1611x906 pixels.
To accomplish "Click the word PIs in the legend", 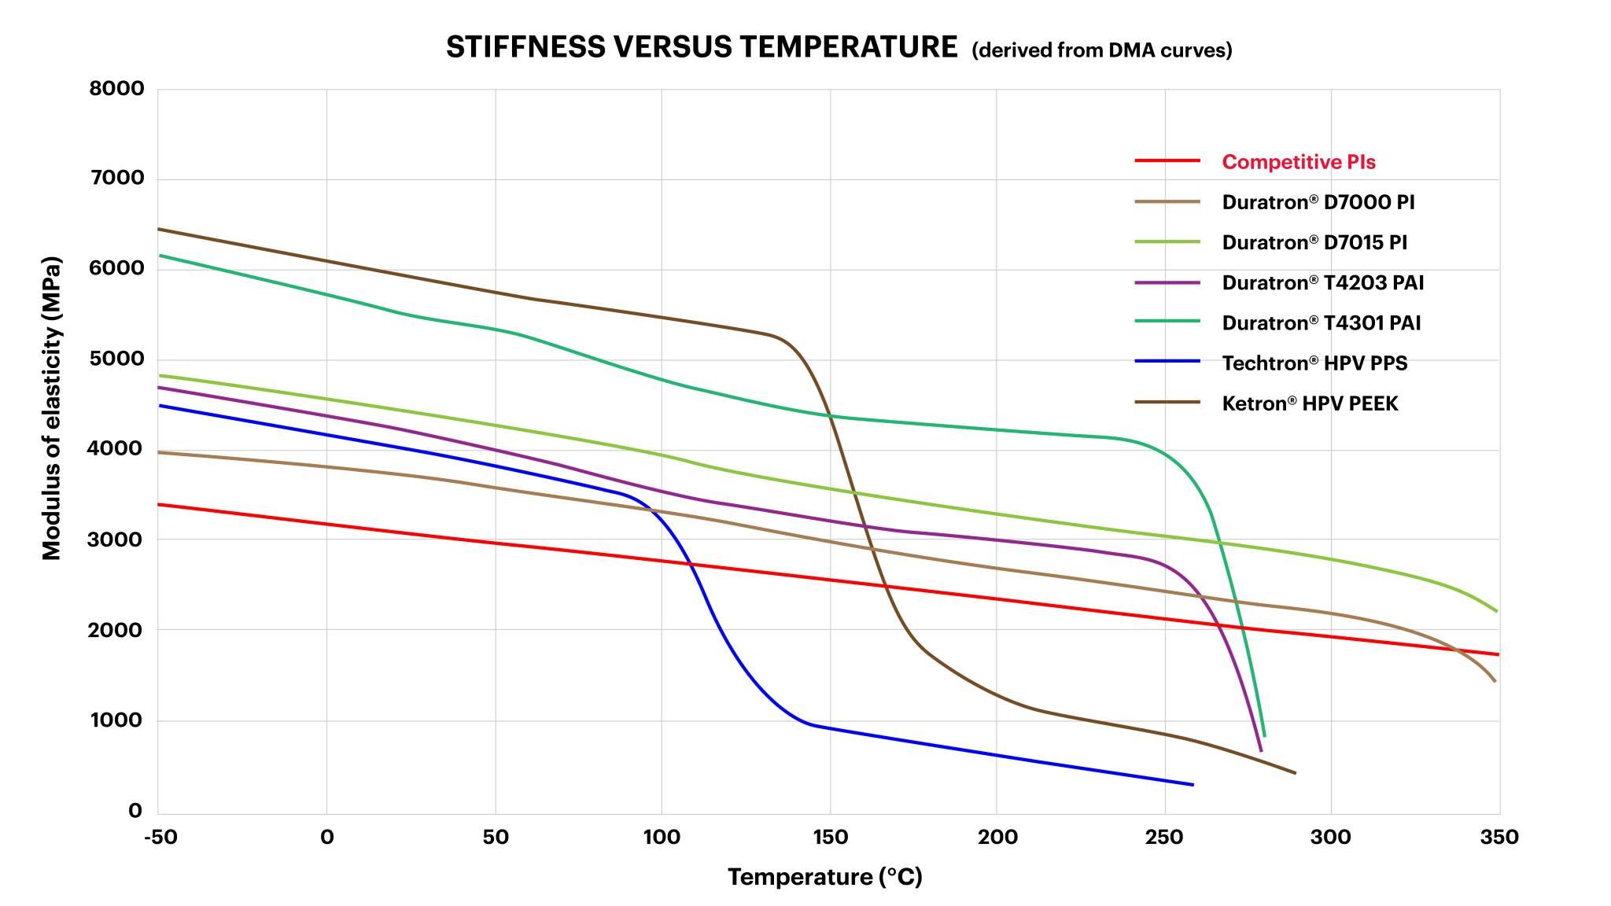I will tap(1362, 162).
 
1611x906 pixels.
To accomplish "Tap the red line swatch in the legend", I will tap(1167, 161).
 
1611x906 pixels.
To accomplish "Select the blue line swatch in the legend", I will tap(1167, 361).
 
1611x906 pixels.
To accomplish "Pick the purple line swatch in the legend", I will tap(1167, 282).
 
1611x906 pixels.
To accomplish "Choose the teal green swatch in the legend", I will tap(1167, 321).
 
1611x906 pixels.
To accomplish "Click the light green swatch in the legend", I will tap(1167, 242).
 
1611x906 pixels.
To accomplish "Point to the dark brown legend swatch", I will tap(1167, 402).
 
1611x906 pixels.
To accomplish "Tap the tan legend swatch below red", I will tap(1167, 202).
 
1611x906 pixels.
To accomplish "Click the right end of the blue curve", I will tap(1193, 785).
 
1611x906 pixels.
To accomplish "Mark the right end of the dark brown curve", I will tap(1295, 773).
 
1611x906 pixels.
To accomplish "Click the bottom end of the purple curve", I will tap(1261, 750).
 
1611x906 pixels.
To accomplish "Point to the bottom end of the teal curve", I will tap(1264, 735).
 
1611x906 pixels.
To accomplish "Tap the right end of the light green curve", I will tap(1496, 610).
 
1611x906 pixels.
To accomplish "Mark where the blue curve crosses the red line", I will tap(690, 563).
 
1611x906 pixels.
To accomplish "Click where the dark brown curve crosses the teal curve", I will tap(831, 416).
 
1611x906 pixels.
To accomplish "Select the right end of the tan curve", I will tap(1495, 681).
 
